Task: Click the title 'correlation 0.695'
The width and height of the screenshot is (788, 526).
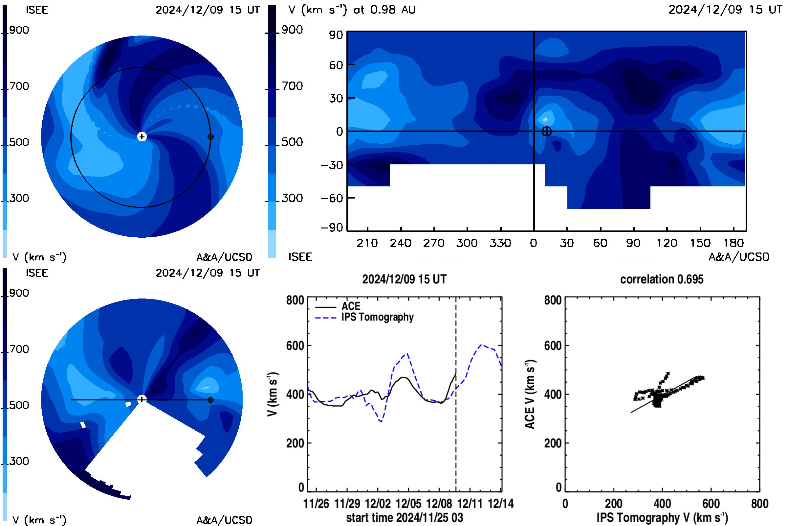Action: pyautogui.click(x=662, y=279)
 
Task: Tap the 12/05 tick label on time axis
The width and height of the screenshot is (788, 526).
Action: pyautogui.click(x=408, y=504)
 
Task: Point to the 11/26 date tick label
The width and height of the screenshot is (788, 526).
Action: pyautogui.click(x=316, y=504)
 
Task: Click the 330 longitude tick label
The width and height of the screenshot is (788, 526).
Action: pyautogui.click(x=500, y=243)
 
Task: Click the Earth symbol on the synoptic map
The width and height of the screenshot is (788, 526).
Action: pyautogui.click(x=546, y=131)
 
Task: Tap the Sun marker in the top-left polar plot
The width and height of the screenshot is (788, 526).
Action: pyautogui.click(x=142, y=137)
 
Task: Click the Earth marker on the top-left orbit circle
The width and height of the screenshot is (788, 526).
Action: pyautogui.click(x=210, y=137)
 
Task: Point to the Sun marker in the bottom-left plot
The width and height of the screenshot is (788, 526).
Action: pyautogui.click(x=142, y=399)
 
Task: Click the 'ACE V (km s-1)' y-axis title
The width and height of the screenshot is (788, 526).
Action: pyautogui.click(x=530, y=394)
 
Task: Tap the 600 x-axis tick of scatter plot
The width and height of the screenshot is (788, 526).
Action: pyautogui.click(x=711, y=504)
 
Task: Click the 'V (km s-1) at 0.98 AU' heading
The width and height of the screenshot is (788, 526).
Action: pyautogui.click(x=352, y=10)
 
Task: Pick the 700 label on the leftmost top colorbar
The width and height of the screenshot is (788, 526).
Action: pyautogui.click(x=19, y=86)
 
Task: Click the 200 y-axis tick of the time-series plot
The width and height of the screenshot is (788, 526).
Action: pyautogui.click(x=295, y=443)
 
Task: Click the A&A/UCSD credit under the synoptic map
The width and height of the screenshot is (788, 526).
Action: pyautogui.click(x=739, y=257)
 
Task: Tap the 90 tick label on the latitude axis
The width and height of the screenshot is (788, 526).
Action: pyautogui.click(x=336, y=35)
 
